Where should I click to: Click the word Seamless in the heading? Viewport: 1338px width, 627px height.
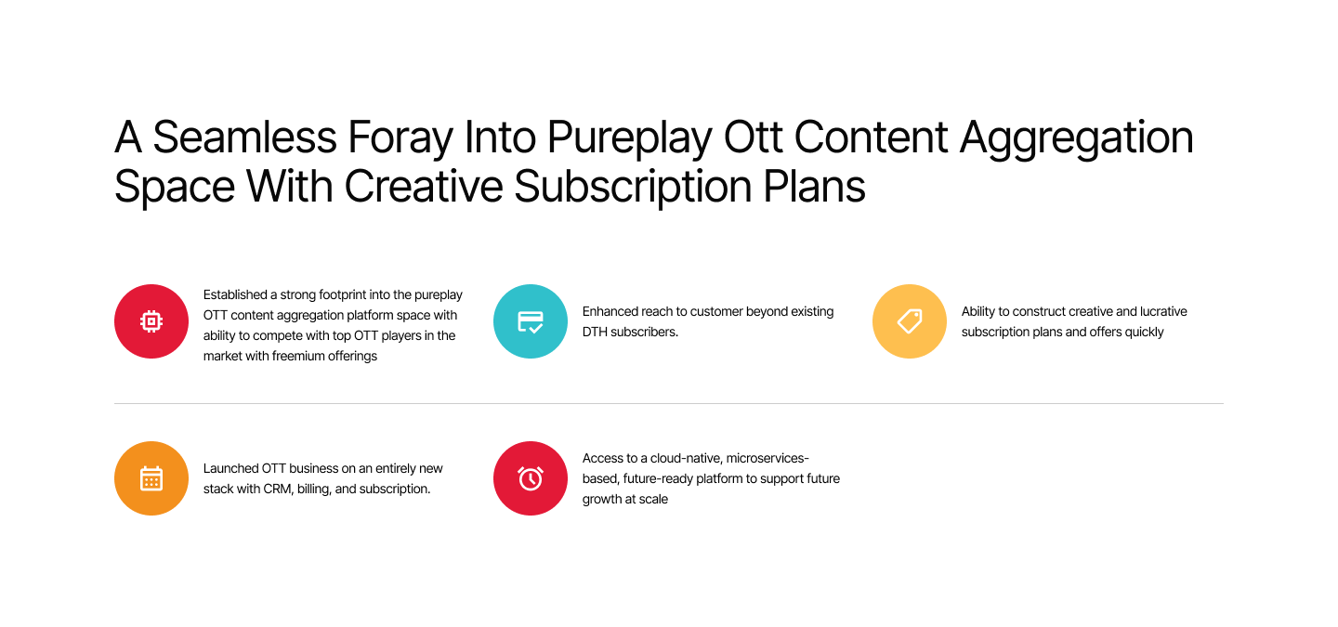pos(245,137)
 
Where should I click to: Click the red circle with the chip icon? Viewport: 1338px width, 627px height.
pos(151,321)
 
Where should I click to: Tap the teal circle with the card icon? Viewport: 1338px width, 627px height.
pos(531,321)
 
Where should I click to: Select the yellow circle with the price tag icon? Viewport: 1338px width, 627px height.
pos(909,321)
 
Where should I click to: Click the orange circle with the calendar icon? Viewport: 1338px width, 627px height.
pos(151,478)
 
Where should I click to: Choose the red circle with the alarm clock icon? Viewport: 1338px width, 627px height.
pos(531,478)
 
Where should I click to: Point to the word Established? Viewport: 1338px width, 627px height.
pos(235,294)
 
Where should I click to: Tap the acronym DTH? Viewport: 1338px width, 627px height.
pos(595,332)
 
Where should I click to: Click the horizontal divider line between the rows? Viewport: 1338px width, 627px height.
pos(669,404)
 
